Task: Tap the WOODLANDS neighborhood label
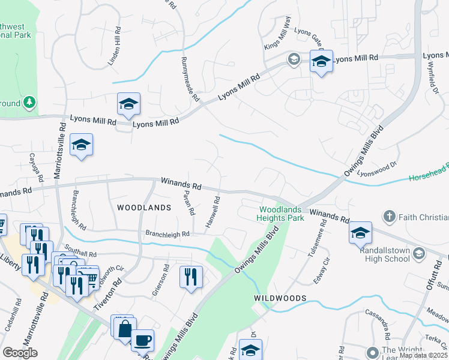(144, 207)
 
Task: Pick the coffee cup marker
(142, 341)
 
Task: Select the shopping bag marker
(124, 329)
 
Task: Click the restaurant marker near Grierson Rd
(191, 277)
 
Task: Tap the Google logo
(20, 353)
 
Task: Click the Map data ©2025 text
(423, 355)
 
